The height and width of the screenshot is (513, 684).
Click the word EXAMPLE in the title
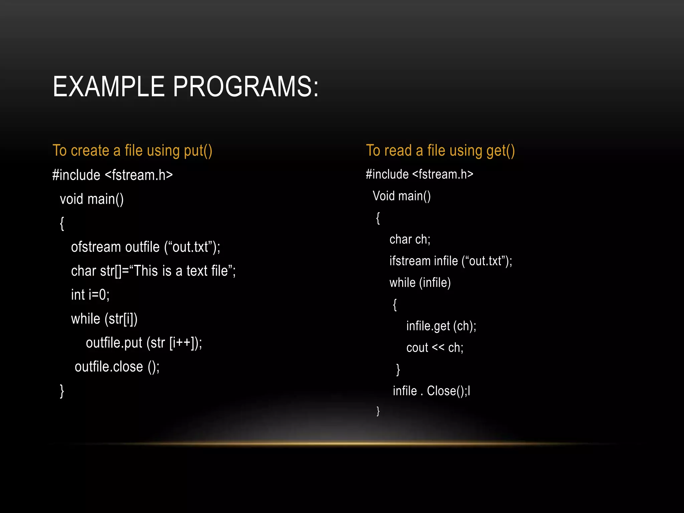[x=109, y=87]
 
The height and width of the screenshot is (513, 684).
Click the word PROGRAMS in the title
[x=245, y=87]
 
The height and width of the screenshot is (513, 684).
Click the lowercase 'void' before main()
[x=71, y=199]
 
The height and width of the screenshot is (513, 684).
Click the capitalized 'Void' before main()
[x=384, y=196]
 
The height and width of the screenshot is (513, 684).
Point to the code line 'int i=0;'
[x=90, y=295]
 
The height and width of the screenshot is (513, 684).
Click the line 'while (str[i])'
[x=104, y=319]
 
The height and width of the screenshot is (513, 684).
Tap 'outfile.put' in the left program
[x=114, y=343]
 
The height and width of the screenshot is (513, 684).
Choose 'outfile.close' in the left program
[x=109, y=367]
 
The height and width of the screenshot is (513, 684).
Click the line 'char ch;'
[x=410, y=239]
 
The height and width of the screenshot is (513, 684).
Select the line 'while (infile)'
[x=420, y=283]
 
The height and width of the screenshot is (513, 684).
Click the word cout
[x=417, y=348]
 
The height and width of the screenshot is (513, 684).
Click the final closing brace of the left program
[x=62, y=391]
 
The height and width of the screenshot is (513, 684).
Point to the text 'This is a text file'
[x=181, y=271]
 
